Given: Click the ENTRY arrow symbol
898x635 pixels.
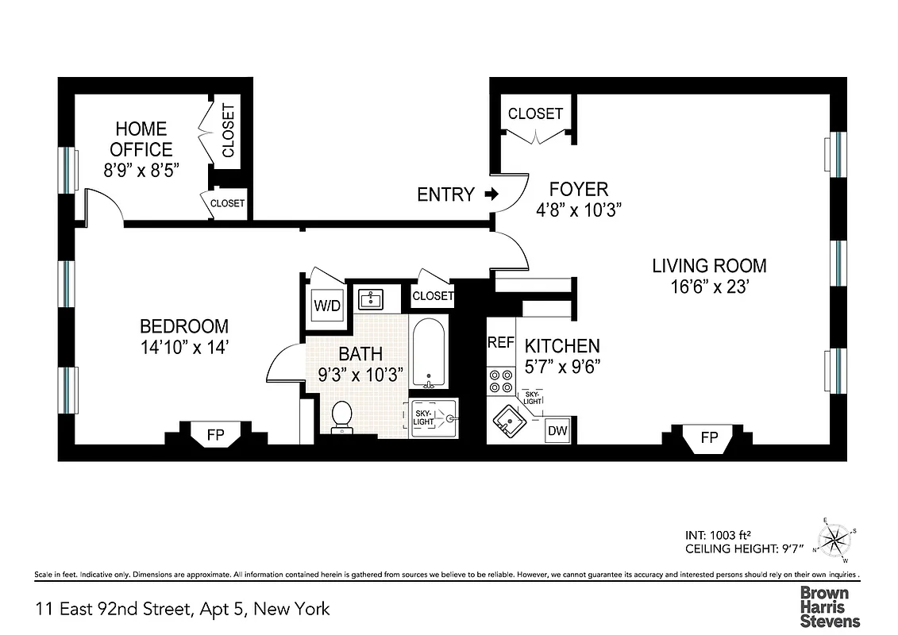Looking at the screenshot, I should point(491,194).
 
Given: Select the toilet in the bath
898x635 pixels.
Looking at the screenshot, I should point(341,416).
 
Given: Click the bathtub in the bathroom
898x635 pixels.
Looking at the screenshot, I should point(430,352).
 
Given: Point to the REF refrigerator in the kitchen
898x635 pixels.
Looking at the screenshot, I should point(500,343).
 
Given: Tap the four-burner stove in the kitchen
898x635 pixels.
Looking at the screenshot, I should point(500,380).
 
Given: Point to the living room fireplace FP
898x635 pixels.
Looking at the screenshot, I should point(709,438).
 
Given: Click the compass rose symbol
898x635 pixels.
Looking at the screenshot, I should point(833,541).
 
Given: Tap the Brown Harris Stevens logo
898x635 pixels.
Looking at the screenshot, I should point(829,607).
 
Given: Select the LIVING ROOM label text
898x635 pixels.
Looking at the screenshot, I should point(709,266).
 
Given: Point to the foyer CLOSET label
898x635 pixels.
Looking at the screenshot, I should point(535,114).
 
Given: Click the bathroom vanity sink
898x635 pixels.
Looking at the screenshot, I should point(371,299).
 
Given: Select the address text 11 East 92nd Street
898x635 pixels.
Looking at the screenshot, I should point(112,610).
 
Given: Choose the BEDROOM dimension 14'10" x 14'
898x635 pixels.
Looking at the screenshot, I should point(183,347).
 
